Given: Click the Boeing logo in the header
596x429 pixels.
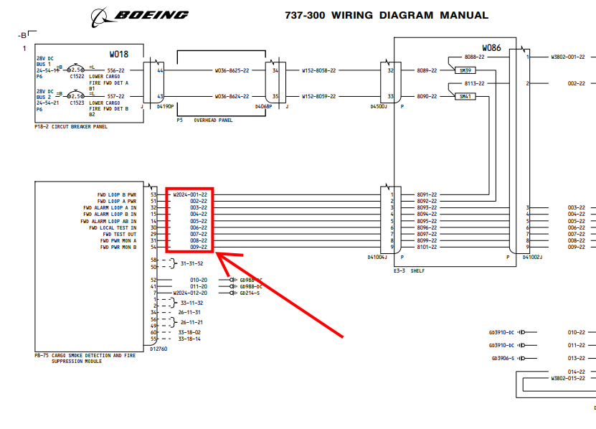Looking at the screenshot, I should tap(141, 14).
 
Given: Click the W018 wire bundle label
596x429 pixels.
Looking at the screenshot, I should tap(118, 54).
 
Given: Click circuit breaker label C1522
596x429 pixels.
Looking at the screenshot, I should tap(77, 76).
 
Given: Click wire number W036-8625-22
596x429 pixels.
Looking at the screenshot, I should tap(232, 71).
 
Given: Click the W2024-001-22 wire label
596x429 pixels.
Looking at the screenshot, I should tap(190, 194).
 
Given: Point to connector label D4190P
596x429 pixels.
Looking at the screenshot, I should tap(165, 107).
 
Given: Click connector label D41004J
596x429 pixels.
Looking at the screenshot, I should tap(377, 256).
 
